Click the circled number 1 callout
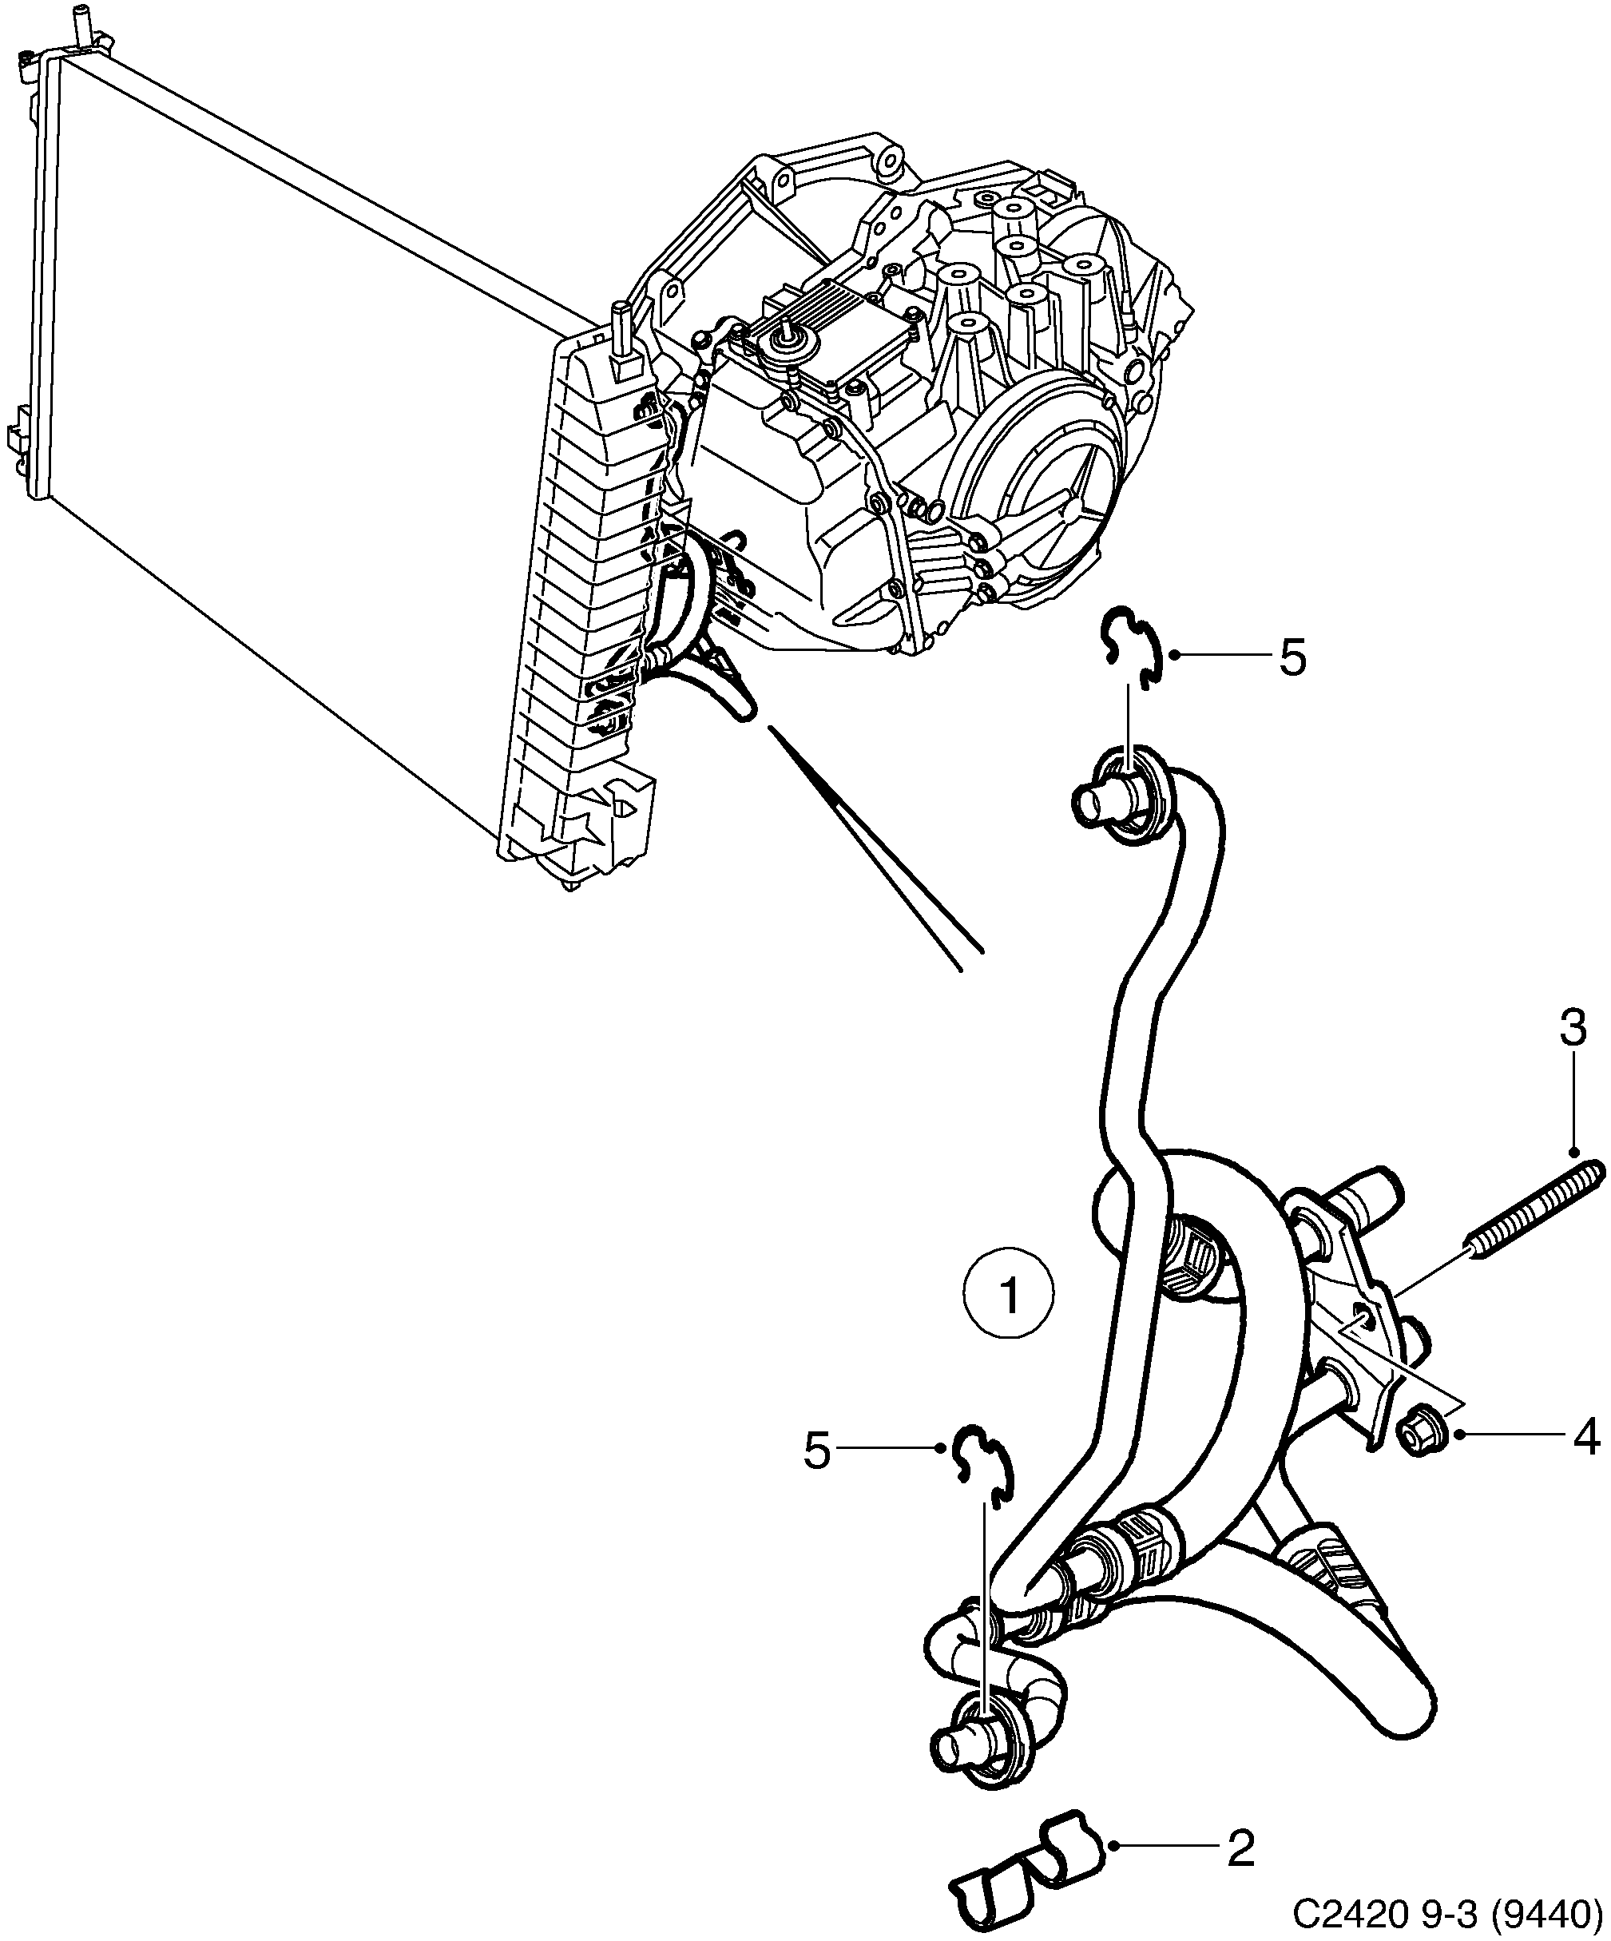click(1009, 1295)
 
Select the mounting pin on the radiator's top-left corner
click(80, 23)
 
